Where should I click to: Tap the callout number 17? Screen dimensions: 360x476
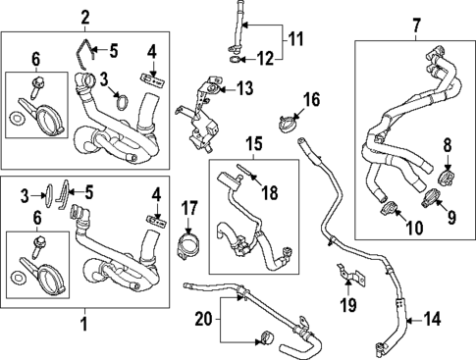(189, 209)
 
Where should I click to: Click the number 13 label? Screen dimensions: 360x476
(243, 88)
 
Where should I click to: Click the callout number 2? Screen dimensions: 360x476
(85, 16)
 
